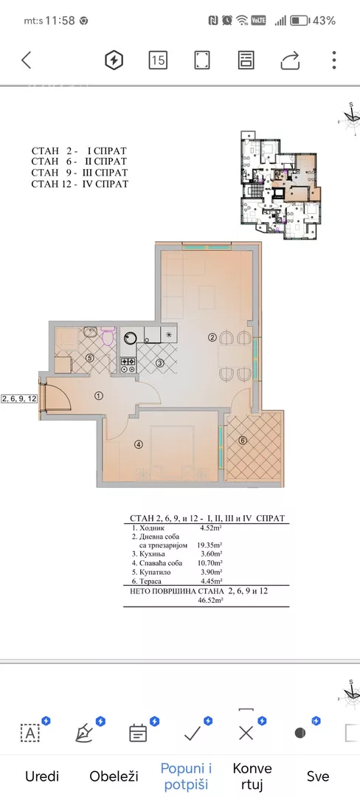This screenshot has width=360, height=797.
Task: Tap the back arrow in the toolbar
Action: [x=27, y=60]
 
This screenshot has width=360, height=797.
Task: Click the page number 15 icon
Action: [x=158, y=60]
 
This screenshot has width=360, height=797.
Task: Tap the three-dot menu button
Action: [x=334, y=60]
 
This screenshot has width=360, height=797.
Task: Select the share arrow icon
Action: [x=291, y=60]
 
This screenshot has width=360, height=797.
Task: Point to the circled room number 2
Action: [x=212, y=337]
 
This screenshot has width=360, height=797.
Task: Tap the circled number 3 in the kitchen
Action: [x=159, y=363]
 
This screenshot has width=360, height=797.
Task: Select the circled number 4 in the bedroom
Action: [x=138, y=444]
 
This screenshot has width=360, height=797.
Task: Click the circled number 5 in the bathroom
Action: [x=90, y=358]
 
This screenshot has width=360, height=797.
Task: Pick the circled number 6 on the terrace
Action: [x=243, y=440]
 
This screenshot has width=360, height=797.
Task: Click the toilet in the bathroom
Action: [x=108, y=336]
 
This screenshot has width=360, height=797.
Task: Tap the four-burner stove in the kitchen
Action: [x=128, y=364]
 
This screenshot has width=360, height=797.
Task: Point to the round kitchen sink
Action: [x=131, y=339]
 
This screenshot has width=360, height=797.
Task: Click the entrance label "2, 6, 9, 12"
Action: [x=19, y=398]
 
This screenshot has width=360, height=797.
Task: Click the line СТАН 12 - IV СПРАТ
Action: [x=80, y=184]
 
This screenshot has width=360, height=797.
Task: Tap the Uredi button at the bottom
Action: [x=42, y=776]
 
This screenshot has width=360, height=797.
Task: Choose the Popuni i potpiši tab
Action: [x=187, y=776]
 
